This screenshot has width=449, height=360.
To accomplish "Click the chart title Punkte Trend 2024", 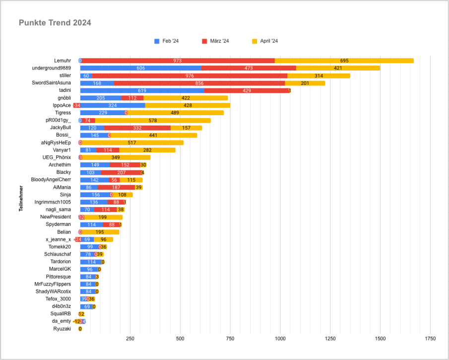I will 55,23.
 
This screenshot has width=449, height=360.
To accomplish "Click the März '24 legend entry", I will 218,41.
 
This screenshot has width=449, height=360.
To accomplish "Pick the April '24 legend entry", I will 268,41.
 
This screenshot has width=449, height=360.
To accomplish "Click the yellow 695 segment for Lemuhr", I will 344,61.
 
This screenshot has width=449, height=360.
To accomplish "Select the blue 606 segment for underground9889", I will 140,68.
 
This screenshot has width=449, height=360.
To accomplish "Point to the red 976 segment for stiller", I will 190,75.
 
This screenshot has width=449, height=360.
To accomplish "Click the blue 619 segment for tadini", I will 142,90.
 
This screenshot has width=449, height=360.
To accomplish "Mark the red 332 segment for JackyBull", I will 137,128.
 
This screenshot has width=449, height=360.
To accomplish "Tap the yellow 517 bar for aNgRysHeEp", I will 132,143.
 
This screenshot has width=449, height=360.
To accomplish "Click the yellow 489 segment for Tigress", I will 175,113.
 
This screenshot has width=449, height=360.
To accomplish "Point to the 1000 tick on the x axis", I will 280,339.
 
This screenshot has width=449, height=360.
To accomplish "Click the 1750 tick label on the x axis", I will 430,339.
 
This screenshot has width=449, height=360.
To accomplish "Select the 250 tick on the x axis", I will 130,339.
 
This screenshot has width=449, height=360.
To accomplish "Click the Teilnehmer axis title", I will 21,199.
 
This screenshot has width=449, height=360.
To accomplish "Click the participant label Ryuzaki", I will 62,329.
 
